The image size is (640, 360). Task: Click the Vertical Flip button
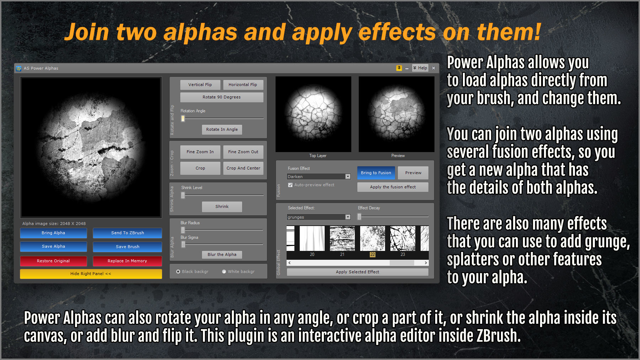coord(200,85)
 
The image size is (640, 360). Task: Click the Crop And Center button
coord(243,168)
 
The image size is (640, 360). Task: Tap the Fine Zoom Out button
coord(243,152)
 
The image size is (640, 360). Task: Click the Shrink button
coord(222,206)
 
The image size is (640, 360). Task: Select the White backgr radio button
coord(224,272)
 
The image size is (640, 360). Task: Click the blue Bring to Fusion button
coord(376,173)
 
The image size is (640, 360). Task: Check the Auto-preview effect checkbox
coord(290,185)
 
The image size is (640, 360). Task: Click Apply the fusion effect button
coord(393,187)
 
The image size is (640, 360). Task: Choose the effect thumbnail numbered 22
coord(372,239)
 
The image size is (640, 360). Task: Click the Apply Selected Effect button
coord(357,272)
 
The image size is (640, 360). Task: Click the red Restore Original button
coord(53,261)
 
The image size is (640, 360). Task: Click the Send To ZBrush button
coord(127,233)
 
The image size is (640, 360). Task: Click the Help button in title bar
coord(420,68)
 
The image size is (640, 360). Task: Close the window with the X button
coord(433,68)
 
